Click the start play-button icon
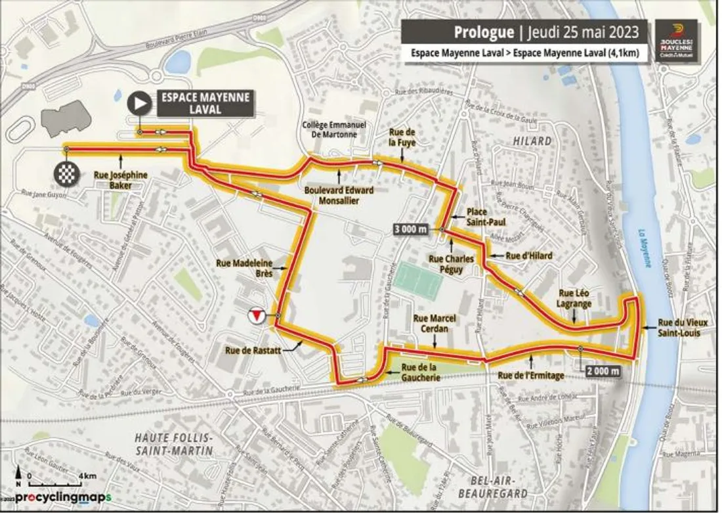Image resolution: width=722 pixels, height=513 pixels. [139, 102]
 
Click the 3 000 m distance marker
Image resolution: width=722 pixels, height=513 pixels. [411, 229]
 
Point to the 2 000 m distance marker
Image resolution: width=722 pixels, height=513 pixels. [601, 371]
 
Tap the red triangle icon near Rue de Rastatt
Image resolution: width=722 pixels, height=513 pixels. [257, 316]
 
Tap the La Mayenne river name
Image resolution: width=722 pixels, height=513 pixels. [646, 248]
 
